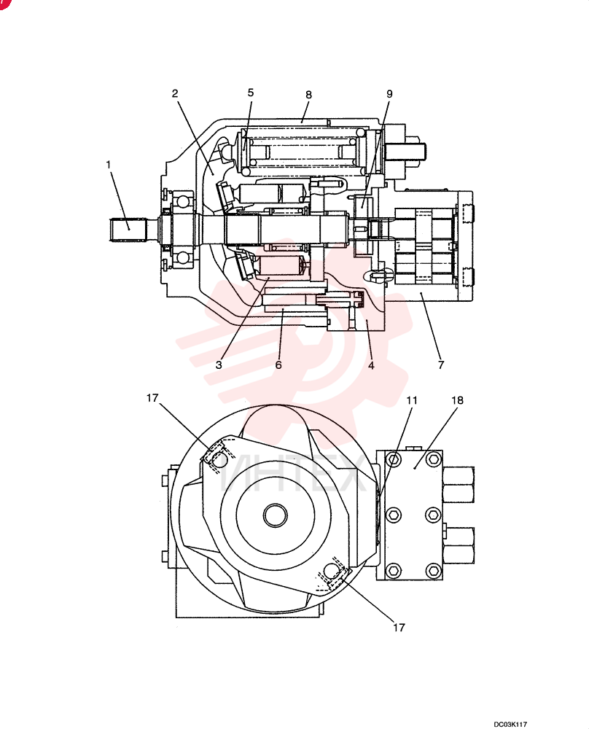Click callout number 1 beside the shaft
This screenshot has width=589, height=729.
(109, 164)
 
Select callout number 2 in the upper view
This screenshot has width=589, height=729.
(175, 93)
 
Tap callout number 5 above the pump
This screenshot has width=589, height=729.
(251, 93)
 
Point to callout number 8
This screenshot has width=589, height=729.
(308, 95)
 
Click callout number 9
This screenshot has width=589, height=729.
(389, 94)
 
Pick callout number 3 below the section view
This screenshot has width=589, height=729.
(219, 365)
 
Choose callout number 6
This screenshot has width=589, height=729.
(278, 365)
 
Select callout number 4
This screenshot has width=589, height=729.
(371, 365)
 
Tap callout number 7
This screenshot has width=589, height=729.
(441, 365)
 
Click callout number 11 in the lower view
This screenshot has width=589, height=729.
(412, 400)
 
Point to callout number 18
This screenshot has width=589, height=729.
(458, 400)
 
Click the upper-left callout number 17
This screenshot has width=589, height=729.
(152, 398)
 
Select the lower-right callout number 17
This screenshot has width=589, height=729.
(399, 628)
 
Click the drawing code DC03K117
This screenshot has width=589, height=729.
(510, 724)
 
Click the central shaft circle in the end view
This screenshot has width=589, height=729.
(276, 515)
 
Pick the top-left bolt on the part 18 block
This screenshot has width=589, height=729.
(394, 460)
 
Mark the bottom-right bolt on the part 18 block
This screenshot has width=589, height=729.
(433, 570)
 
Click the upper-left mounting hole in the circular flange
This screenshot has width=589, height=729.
(219, 460)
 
